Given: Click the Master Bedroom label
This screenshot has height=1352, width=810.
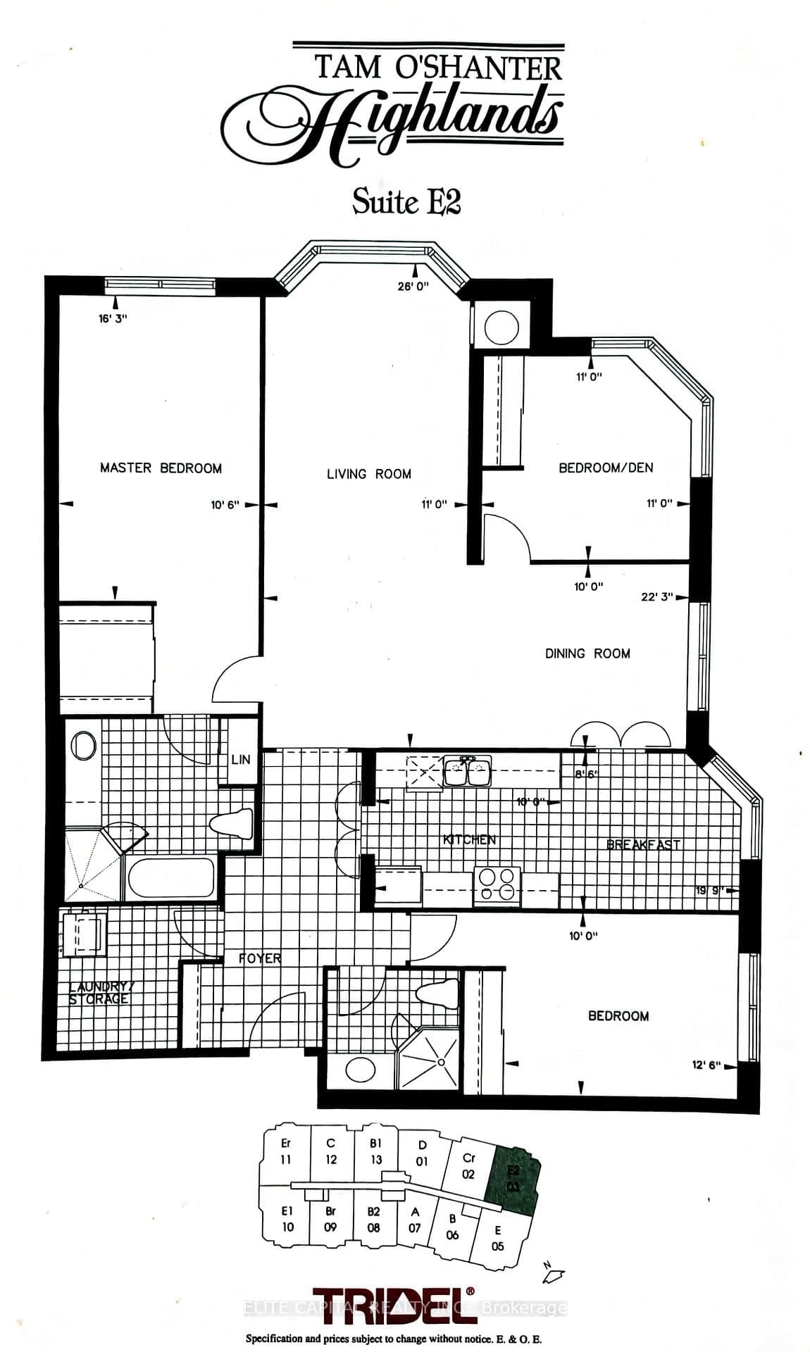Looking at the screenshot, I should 161,468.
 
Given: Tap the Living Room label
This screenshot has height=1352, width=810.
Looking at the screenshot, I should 368,474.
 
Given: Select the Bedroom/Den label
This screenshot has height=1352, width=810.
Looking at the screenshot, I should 605,468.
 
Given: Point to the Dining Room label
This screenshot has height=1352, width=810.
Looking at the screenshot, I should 587,653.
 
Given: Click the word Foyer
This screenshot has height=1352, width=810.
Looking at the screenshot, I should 260,958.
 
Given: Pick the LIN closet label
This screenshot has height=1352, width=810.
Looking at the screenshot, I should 240,760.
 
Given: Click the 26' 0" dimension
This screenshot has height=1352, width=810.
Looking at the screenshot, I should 413,286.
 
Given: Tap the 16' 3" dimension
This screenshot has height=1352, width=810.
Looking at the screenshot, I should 113,318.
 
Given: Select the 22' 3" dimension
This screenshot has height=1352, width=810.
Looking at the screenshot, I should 656,596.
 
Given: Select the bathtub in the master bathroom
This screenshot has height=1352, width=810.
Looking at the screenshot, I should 170,878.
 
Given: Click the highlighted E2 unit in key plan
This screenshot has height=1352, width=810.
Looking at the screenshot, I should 513,1179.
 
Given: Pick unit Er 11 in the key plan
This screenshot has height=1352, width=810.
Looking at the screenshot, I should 285,1152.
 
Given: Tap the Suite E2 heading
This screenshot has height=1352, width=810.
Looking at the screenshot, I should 406,202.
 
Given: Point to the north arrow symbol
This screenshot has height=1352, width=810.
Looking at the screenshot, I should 553,1271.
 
